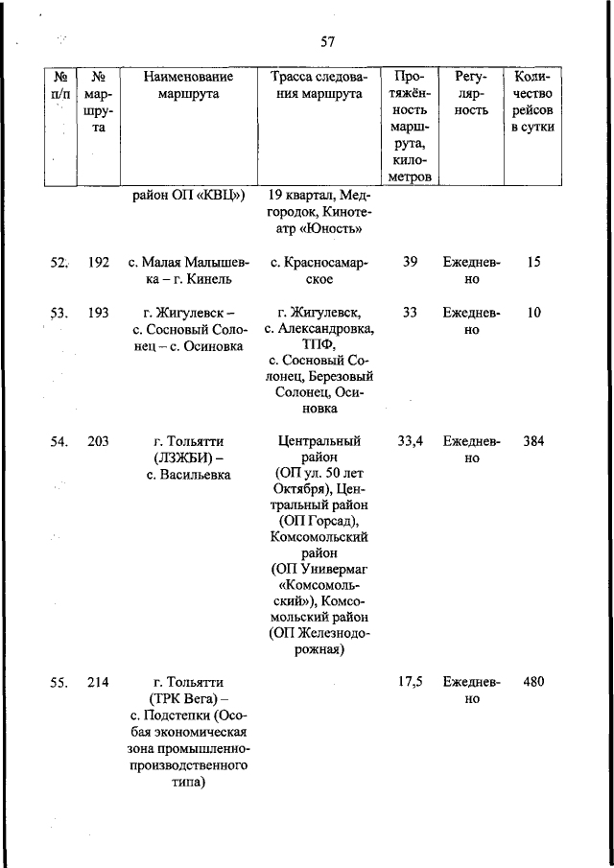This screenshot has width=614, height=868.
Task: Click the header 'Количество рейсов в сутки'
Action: [533, 102]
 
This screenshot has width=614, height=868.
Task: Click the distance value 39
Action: [410, 262]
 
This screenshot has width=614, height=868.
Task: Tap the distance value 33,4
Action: [410, 442]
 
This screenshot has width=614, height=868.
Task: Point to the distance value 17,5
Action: [410, 683]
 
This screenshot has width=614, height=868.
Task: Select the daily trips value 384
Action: [533, 442]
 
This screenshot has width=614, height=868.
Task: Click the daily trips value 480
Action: [533, 683]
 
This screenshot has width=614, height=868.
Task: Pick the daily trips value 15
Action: [533, 262]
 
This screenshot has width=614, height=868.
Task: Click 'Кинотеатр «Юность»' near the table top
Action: [315, 222]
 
